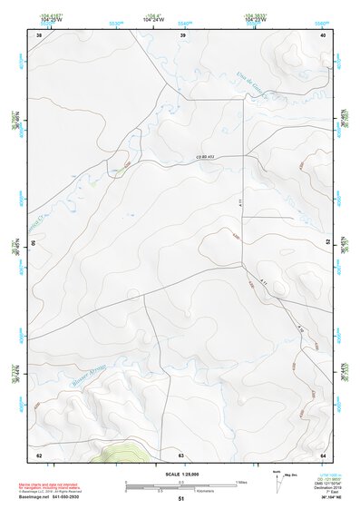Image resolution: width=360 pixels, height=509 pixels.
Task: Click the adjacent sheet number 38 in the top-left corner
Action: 39,34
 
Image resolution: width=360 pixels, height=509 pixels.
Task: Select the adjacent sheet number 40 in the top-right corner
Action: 323,34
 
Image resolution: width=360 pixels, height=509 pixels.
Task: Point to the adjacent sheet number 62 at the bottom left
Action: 39,454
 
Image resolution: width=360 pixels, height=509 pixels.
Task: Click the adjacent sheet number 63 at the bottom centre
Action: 180,454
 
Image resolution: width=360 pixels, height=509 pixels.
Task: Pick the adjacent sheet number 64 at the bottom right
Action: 323,454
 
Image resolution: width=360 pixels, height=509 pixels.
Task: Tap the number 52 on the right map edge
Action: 328,242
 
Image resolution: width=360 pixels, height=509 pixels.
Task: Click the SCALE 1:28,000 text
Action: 180,474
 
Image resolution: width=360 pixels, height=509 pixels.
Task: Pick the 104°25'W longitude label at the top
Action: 52,18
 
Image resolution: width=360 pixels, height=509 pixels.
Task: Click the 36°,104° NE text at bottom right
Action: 326,498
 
